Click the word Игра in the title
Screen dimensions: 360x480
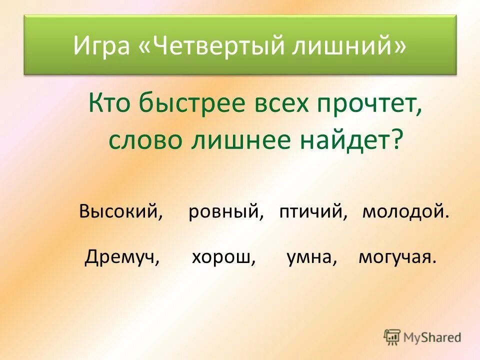click(103, 46)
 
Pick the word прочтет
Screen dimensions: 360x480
click(368, 104)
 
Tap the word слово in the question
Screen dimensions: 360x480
click(143, 140)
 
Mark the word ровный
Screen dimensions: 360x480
click(225, 212)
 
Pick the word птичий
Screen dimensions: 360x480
click(313, 212)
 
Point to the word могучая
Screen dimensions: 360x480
click(396, 257)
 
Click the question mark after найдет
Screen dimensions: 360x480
click(396, 140)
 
